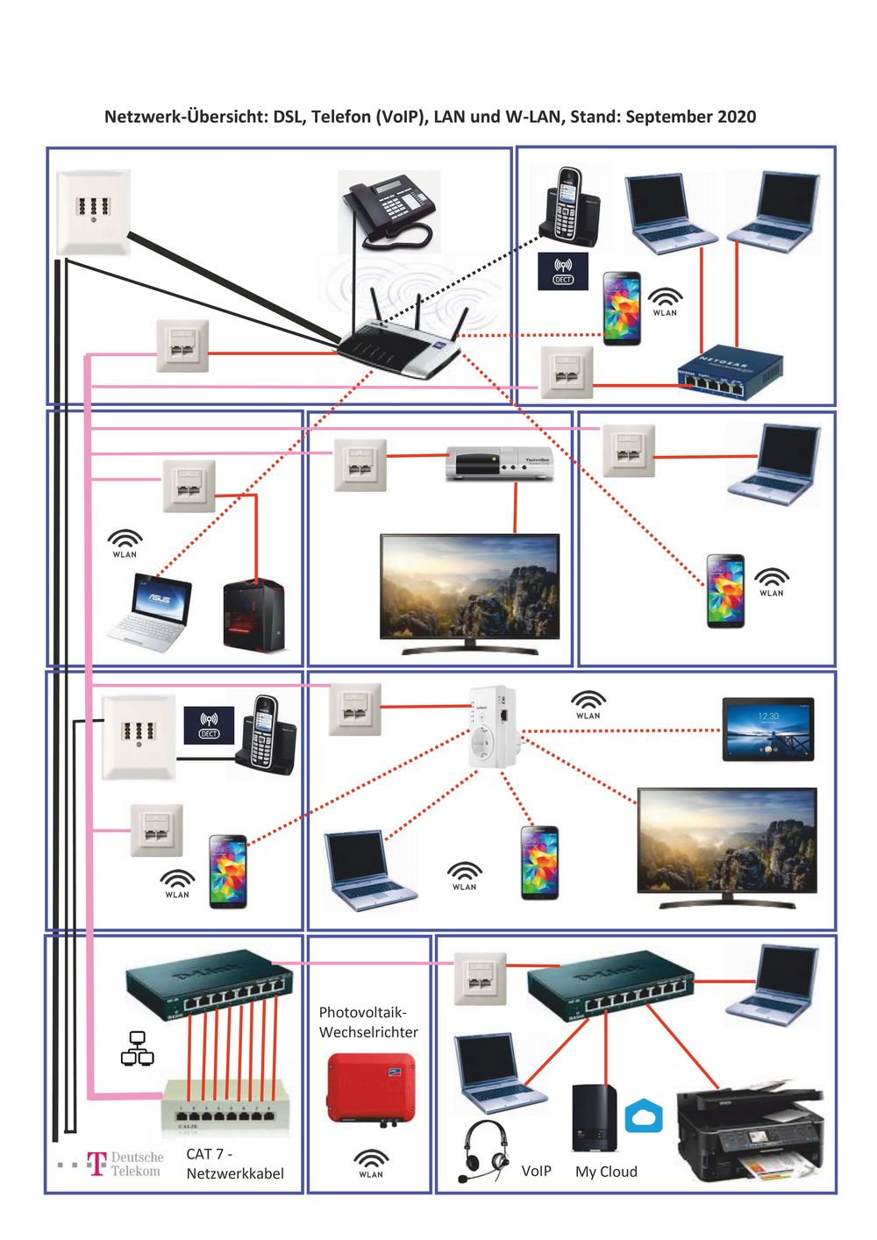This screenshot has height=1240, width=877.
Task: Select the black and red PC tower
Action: (253, 615)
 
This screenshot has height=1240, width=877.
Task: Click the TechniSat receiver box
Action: (499, 462)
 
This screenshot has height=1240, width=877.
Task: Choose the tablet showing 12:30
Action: (767, 729)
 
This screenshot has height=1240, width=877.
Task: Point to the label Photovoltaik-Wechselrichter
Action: (368, 1023)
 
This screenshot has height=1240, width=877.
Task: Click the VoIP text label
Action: (536, 1172)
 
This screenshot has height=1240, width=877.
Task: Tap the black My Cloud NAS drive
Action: (594, 1118)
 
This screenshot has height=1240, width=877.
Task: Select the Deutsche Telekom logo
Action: (125, 1164)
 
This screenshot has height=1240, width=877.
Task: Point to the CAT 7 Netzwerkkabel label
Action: (234, 1164)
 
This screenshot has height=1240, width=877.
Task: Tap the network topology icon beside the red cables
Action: (137, 1049)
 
